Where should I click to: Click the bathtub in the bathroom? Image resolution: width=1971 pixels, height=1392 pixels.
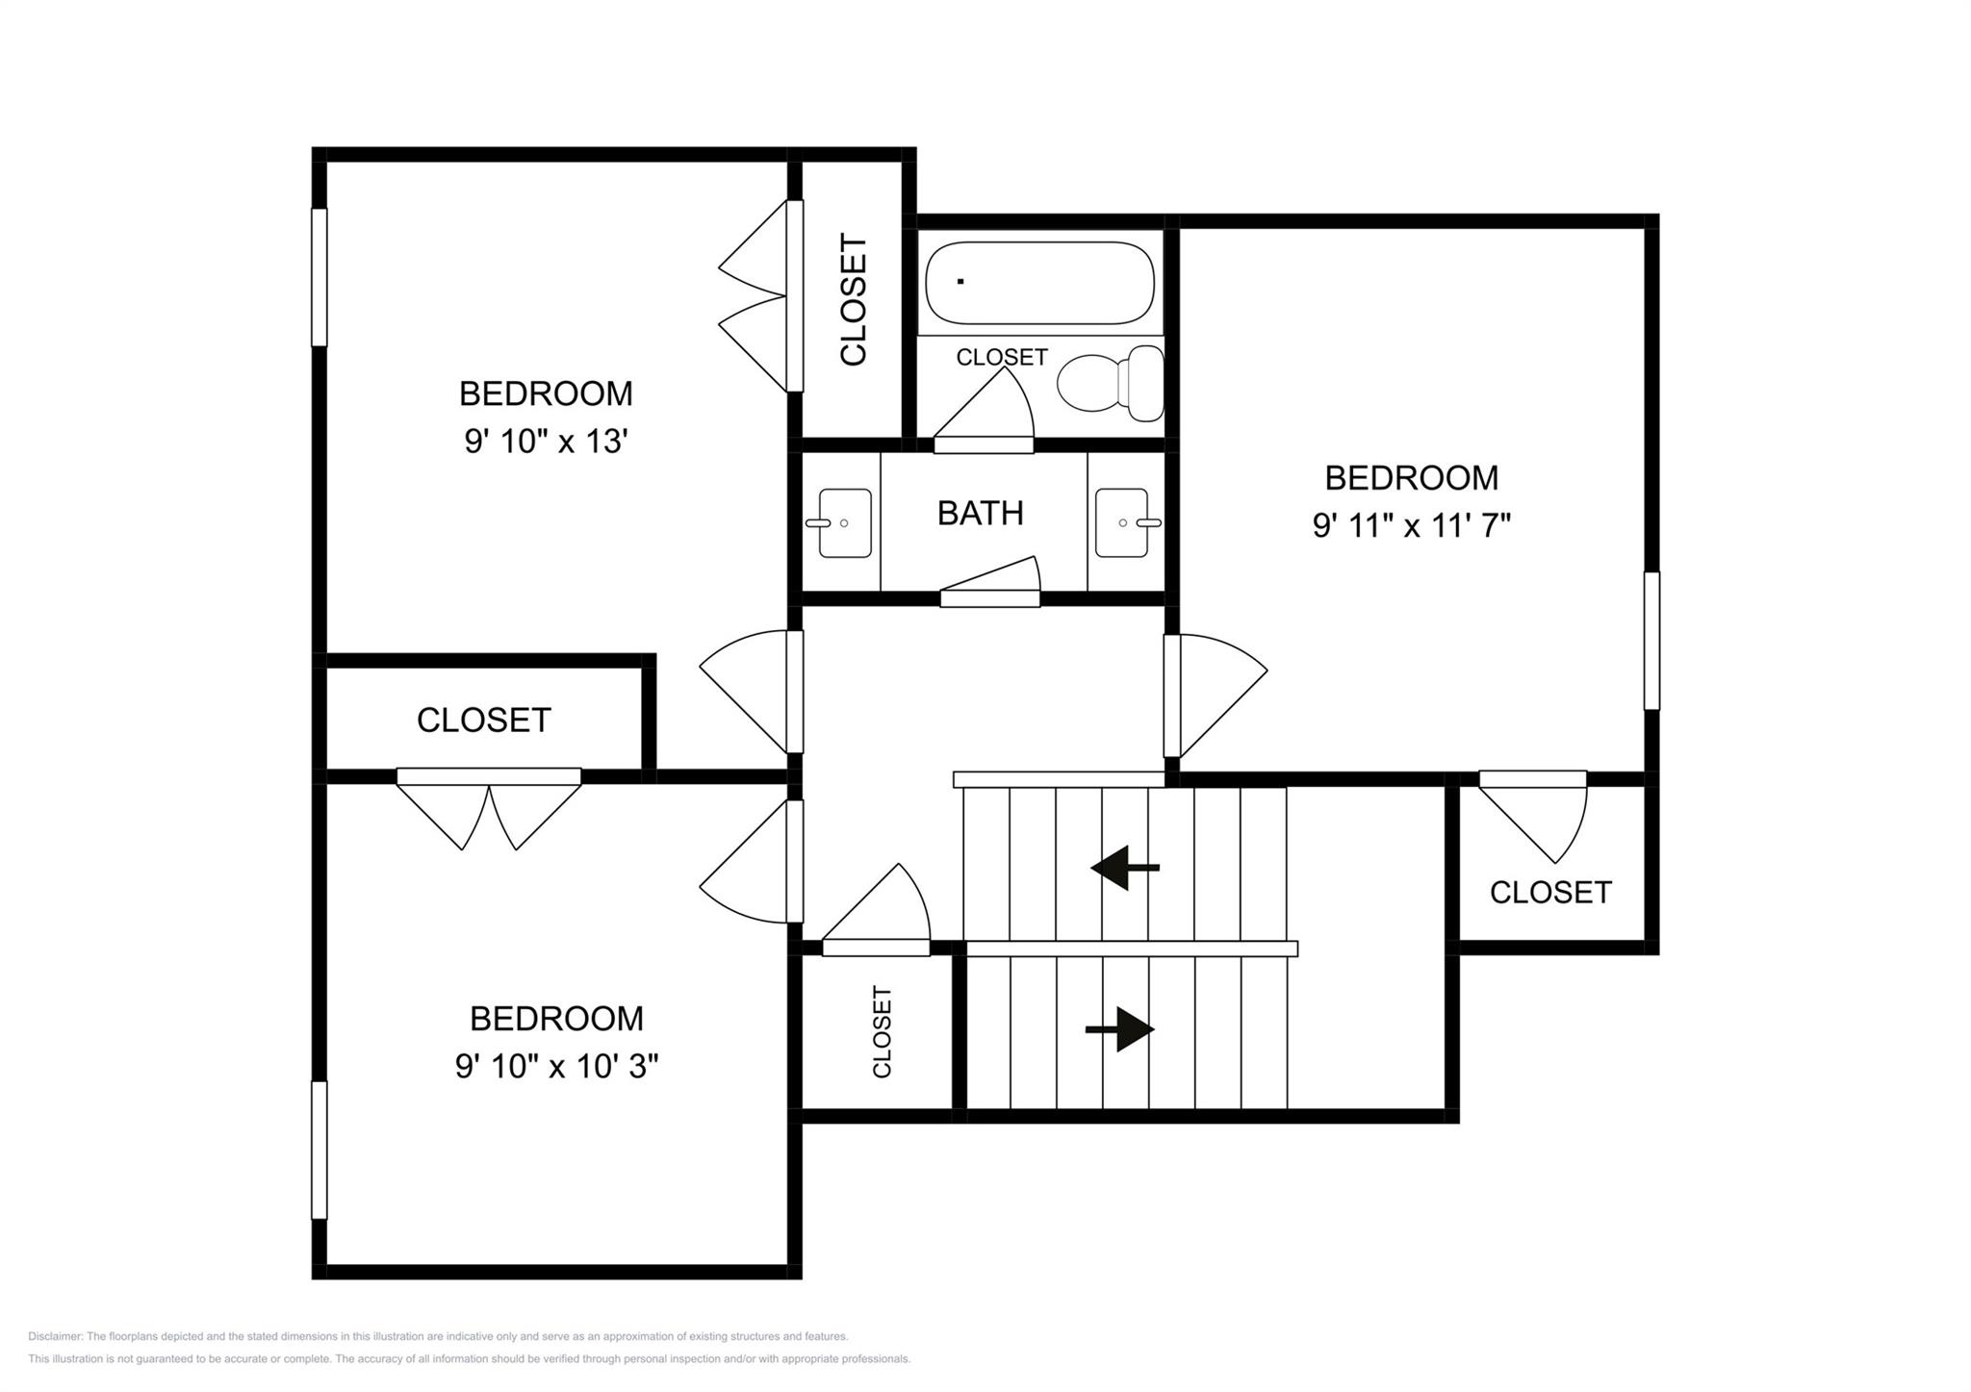[x=1039, y=283]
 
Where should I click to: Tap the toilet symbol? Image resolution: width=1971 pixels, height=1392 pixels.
[x=1109, y=383]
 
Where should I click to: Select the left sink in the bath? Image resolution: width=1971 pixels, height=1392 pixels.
[x=844, y=523]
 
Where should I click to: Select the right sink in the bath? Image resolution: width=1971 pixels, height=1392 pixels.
[x=1123, y=523]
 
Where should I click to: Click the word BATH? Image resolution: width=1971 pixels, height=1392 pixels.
[x=980, y=514]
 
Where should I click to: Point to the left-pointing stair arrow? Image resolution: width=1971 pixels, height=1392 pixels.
[x=1123, y=868]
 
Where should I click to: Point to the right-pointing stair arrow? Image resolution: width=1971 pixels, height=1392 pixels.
[x=1121, y=1029]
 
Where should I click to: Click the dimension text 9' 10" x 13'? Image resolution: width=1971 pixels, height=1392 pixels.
[x=546, y=442]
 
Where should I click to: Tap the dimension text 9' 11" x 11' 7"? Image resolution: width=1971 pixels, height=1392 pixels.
[x=1411, y=526]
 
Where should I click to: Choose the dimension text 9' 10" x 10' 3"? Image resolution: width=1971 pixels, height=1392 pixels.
[x=556, y=1066]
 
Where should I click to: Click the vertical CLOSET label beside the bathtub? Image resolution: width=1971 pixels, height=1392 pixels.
[x=854, y=299]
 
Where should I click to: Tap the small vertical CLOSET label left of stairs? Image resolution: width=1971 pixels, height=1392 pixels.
[x=881, y=1031]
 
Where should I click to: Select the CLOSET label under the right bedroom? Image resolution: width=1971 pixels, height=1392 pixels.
[x=1549, y=893]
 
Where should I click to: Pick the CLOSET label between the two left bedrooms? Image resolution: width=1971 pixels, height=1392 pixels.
[x=483, y=721]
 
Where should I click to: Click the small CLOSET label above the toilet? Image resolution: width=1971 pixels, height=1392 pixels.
[x=1001, y=357]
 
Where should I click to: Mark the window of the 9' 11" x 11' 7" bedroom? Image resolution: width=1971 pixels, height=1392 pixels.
[x=1651, y=641]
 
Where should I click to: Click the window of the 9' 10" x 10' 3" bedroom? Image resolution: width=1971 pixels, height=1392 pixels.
[x=319, y=1150]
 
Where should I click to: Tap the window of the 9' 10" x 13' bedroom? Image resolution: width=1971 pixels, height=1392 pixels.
[x=319, y=277]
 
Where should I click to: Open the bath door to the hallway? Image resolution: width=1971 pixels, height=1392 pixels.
[x=989, y=598]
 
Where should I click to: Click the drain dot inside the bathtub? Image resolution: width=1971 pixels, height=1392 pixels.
[x=960, y=281]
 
